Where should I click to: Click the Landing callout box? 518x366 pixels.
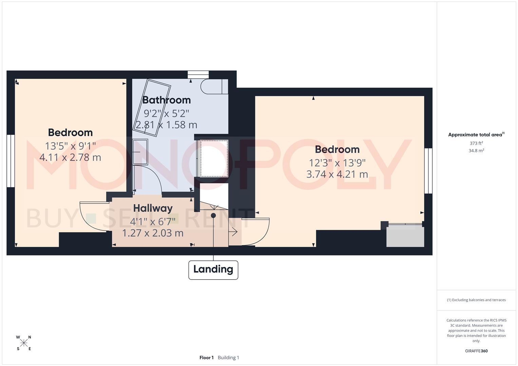(213, 270)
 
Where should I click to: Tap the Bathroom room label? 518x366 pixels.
(166, 100)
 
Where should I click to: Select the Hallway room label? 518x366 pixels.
(153, 208)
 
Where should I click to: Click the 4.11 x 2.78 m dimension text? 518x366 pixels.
(70, 157)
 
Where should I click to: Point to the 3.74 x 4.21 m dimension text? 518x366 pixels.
(337, 174)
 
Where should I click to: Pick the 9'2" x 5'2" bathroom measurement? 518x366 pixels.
(166, 113)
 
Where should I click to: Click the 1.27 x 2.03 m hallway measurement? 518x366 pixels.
(153, 233)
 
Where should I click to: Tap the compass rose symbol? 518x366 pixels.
(24, 343)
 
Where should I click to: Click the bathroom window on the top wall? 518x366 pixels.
(198, 75)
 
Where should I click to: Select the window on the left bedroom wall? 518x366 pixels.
(11, 161)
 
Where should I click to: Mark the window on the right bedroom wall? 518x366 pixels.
(428, 170)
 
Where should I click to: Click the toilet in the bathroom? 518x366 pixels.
(214, 86)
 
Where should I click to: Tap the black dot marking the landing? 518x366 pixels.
(213, 216)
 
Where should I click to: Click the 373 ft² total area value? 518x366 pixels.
(476, 143)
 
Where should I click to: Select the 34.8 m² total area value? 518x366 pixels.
(476, 151)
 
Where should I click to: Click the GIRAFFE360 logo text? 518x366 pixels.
(476, 351)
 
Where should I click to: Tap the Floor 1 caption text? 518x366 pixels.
(206, 358)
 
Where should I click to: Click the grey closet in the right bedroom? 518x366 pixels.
(405, 237)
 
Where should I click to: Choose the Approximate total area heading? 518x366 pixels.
(476, 135)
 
